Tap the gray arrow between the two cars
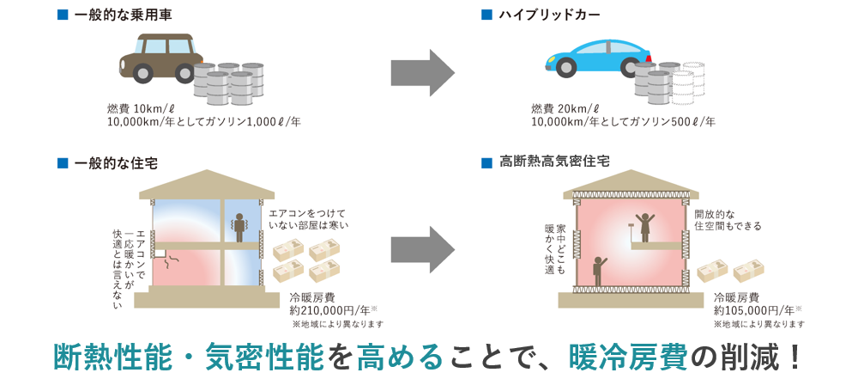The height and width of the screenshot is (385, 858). pyautogui.click(x=422, y=73)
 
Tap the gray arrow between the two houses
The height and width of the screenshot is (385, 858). pyautogui.click(x=422, y=249)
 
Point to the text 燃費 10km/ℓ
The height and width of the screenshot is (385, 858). pyautogui.click(x=141, y=107)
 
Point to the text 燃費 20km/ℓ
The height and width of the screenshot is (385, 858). pyautogui.click(x=567, y=107)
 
